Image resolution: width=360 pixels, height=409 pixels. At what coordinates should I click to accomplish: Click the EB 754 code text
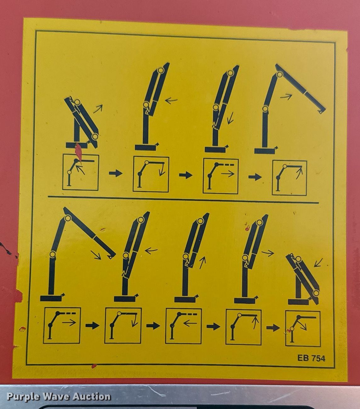coord(311,358)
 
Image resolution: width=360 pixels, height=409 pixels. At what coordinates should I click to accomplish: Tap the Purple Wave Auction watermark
coord(59,397)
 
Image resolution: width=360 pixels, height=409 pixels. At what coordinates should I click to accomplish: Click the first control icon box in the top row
coord(81,172)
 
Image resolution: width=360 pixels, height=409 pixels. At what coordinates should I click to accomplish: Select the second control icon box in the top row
coord(151,174)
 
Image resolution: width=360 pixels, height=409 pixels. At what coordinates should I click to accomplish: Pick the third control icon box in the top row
coord(221,176)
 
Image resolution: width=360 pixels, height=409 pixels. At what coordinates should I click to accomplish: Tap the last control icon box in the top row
coord(289,178)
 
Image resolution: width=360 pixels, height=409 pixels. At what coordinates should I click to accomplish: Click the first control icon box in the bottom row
coord(62,325)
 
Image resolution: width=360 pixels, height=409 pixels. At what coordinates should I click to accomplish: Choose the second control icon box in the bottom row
coord(123,326)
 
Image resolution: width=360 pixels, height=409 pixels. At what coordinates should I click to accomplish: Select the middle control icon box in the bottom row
coord(184,326)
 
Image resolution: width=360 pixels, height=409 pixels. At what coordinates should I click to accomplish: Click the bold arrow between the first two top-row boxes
coord(116,173)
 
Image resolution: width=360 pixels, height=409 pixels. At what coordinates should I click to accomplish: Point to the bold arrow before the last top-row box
coord(255,177)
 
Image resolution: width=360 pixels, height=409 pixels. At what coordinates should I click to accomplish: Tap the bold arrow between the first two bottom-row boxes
coord(92,325)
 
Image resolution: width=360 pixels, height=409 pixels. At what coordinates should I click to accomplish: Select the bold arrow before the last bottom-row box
coord(273,328)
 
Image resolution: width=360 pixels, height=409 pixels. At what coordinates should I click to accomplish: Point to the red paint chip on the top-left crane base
coord(78,152)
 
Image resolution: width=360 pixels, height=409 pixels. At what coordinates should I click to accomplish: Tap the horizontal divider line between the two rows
coord(183,199)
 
